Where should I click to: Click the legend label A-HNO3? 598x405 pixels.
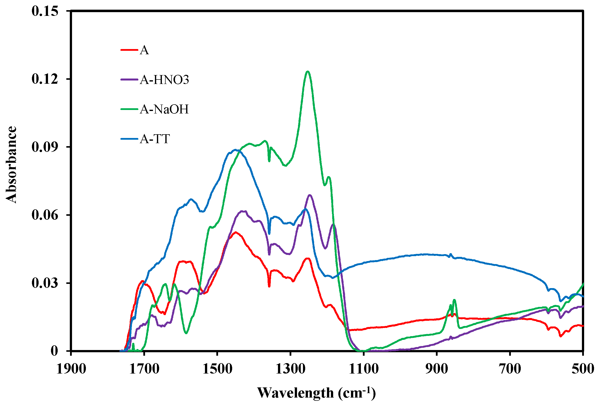pyautogui.click(x=164, y=80)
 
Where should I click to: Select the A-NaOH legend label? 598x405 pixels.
pyautogui.click(x=164, y=109)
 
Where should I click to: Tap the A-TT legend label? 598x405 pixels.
pyautogui.click(x=155, y=139)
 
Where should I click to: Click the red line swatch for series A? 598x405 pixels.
pyautogui.click(x=129, y=50)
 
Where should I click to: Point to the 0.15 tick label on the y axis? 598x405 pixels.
pyautogui.click(x=45, y=11)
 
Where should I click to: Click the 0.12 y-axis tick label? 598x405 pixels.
pyautogui.click(x=45, y=79)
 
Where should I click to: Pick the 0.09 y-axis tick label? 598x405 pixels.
pyautogui.click(x=45, y=147)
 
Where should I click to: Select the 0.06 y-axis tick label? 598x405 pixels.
pyautogui.click(x=45, y=215)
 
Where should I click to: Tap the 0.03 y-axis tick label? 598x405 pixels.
pyautogui.click(x=45, y=283)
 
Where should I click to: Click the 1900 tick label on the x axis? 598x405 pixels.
pyautogui.click(x=71, y=369)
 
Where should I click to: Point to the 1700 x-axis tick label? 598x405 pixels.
pyautogui.click(x=144, y=369)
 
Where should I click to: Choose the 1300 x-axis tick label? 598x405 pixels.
pyautogui.click(x=291, y=369)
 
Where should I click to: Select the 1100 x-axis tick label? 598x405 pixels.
pyautogui.click(x=364, y=369)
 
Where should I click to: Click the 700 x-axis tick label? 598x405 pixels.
pyautogui.click(x=510, y=369)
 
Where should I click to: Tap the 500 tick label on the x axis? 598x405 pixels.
pyautogui.click(x=583, y=369)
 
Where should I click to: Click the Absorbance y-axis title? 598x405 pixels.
pyautogui.click(x=11, y=165)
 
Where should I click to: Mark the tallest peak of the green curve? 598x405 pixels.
pyautogui.click(x=307, y=72)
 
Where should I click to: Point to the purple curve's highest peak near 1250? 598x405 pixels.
pyautogui.click(x=310, y=195)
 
